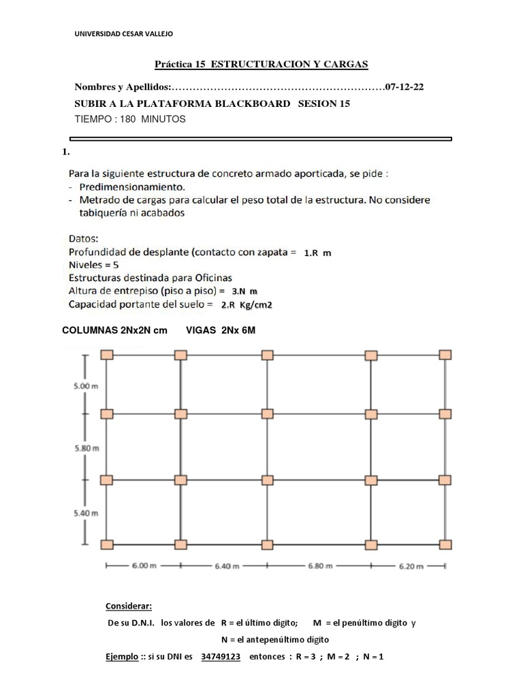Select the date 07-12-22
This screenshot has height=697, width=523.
coord(407,87)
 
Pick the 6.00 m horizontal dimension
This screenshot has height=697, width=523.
coord(143,566)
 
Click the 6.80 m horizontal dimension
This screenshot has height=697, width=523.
coord(319,566)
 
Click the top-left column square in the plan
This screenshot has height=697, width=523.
coord(107,355)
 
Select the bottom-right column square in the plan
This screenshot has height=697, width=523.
coord(445,544)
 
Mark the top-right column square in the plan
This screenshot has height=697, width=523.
coord(445,355)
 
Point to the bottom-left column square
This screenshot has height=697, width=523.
coord(107,544)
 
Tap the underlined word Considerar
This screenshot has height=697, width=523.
coord(129,606)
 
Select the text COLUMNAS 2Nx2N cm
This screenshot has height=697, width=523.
coord(114,330)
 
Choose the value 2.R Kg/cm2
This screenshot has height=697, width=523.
coord(245,306)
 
